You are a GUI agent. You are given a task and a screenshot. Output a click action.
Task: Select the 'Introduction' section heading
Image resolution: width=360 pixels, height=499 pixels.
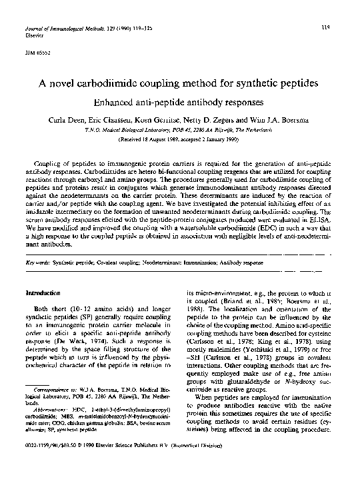pos(43,293)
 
